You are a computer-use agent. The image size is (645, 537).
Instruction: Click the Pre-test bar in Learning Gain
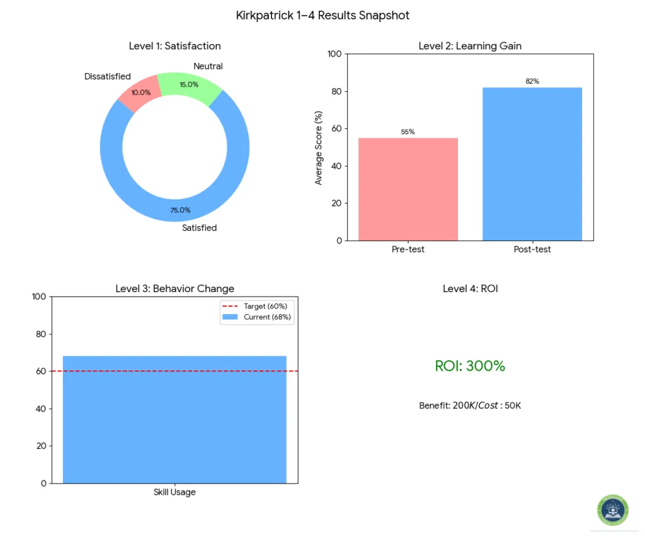pos(408,189)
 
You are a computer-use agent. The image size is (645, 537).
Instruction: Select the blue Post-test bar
pos(532,164)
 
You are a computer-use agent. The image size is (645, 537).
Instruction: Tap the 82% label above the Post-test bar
pos(532,81)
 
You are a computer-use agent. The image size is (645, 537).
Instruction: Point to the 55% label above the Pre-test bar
pos(408,132)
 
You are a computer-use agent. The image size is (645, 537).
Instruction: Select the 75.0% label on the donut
pos(180,210)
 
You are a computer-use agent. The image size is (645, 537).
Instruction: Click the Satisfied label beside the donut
pos(199,228)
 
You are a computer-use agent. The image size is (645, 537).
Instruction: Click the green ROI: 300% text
pos(470,366)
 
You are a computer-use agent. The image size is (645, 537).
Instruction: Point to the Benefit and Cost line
pos(470,405)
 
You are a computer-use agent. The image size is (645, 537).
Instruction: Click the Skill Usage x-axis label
pos(174,492)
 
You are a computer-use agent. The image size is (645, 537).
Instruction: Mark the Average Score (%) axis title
pos(319,148)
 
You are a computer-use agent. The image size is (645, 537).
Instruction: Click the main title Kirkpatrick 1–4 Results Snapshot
pos(322,15)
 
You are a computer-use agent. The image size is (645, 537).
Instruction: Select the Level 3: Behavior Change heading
pos(174,288)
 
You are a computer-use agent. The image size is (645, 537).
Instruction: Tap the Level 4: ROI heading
pos(470,288)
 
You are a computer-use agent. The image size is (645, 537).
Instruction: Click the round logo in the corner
pos(612,511)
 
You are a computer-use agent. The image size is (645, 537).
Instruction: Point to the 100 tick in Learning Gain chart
pos(334,54)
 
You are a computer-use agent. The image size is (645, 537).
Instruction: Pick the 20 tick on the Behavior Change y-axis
pos(40,446)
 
